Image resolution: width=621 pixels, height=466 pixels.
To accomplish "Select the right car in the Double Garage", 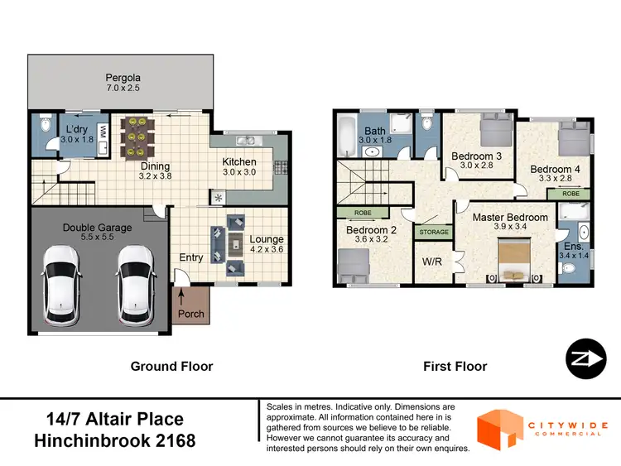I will point(136,283).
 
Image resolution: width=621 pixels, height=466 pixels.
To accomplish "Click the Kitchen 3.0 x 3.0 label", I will point(238,167).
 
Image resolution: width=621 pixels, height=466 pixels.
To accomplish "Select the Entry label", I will point(191,257).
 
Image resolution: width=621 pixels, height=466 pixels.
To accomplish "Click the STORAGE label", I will point(435,232).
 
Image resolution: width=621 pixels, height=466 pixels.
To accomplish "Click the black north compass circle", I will point(582,360).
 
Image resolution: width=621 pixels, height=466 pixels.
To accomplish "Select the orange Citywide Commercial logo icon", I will point(499,429).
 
